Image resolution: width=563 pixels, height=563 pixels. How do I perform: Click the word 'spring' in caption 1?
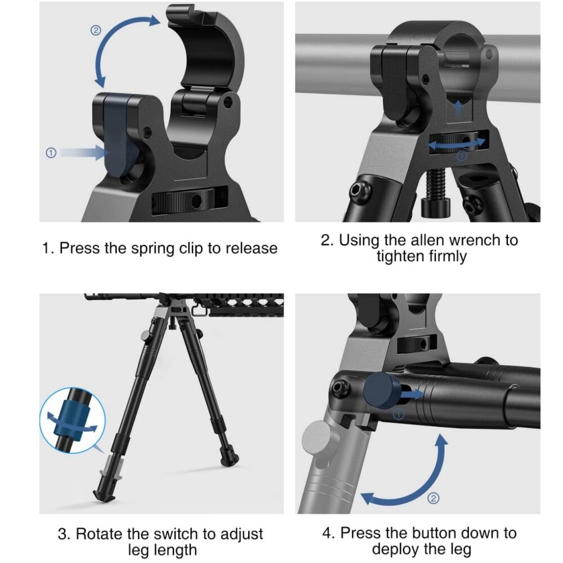point(149,248)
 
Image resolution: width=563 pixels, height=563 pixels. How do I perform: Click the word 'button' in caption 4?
point(437,533)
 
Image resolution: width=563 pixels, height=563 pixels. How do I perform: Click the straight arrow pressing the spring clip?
point(82,153)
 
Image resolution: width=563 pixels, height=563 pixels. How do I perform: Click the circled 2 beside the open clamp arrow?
point(96,30)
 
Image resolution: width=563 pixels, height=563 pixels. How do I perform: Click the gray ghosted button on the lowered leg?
point(318,440)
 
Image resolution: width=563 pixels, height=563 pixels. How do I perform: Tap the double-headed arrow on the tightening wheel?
point(458,145)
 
